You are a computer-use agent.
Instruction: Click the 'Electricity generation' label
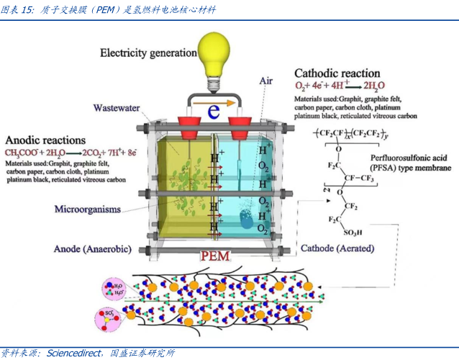click(148, 53)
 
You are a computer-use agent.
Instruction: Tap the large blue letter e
click(214, 112)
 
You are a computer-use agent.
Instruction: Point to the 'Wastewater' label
click(116, 108)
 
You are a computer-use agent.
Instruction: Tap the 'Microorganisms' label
click(87, 210)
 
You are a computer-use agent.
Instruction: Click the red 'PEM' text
click(216, 256)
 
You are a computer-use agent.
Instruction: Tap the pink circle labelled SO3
click(109, 317)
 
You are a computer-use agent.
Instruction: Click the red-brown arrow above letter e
click(215, 104)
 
